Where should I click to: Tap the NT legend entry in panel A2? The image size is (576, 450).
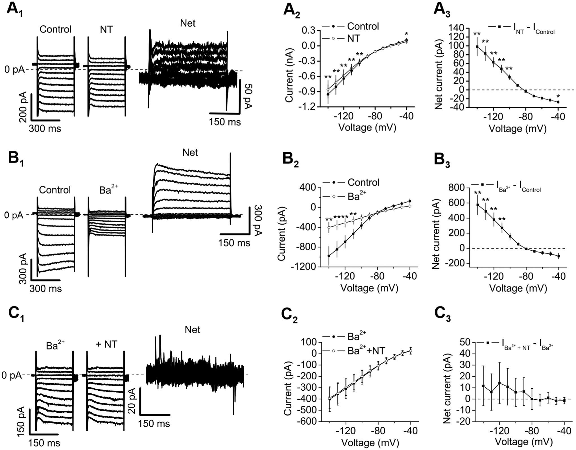click(354, 38)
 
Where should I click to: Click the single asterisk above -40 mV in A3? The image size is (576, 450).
click(558, 97)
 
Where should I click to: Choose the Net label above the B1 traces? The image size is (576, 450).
click(190, 153)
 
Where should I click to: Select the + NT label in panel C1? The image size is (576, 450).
click(106, 344)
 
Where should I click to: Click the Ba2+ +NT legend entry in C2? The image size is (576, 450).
click(366, 351)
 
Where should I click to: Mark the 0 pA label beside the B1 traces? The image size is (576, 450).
click(14, 215)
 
